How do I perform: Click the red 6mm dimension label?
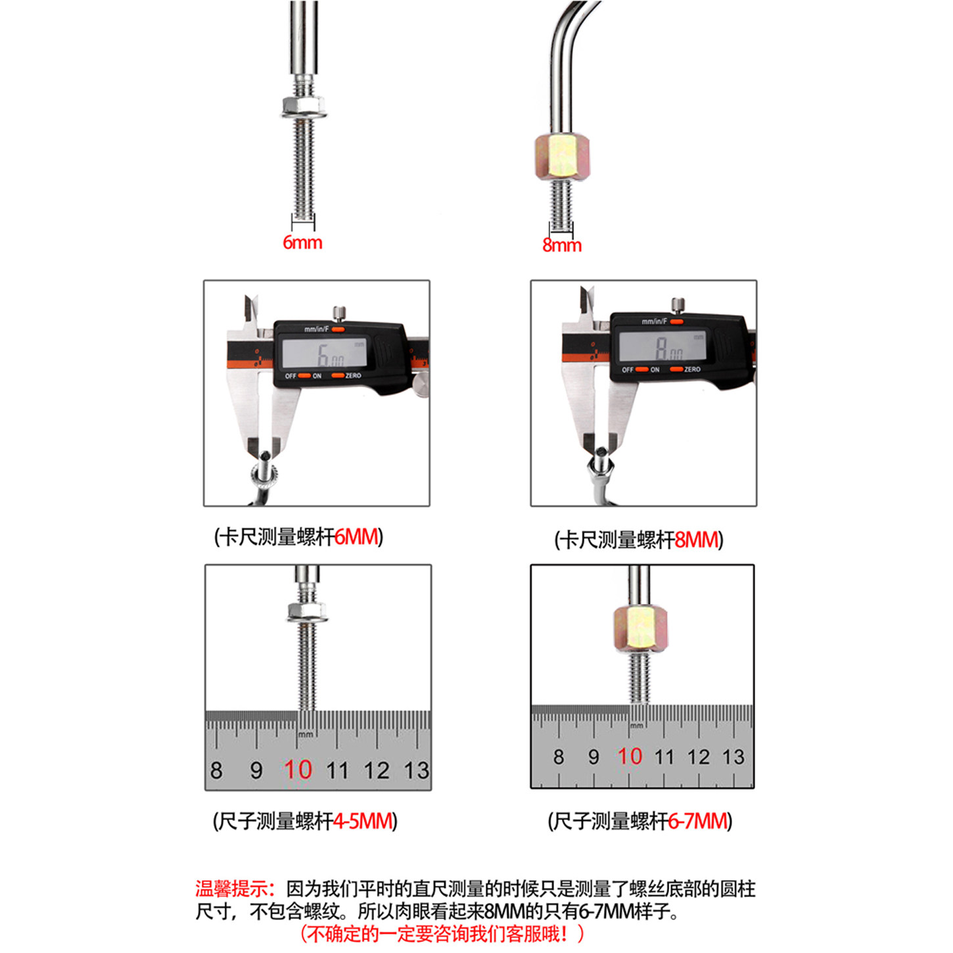[x=302, y=243]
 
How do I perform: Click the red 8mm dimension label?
[x=562, y=244]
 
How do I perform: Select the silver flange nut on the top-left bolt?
[x=304, y=107]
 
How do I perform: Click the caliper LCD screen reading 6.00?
[x=325, y=352]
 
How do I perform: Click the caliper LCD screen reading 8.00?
[x=662, y=346]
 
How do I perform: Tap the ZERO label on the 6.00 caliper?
[x=353, y=376]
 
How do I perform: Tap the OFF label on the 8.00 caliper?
[x=628, y=369]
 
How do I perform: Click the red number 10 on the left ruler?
[x=298, y=770]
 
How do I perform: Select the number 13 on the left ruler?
[x=417, y=770]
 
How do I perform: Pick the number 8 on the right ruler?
[x=559, y=756]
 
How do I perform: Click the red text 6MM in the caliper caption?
[x=356, y=536]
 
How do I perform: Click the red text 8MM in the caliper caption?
[x=696, y=540]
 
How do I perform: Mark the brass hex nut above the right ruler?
[x=640, y=628]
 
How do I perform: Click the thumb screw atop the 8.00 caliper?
[x=678, y=305]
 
